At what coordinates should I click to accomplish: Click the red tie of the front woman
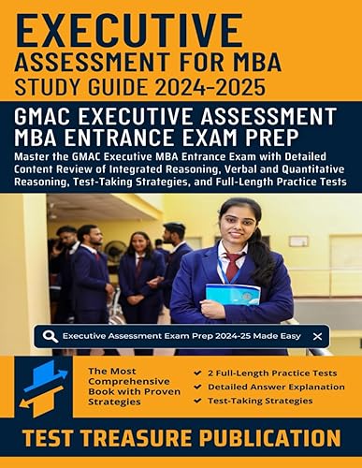point(230,266)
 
